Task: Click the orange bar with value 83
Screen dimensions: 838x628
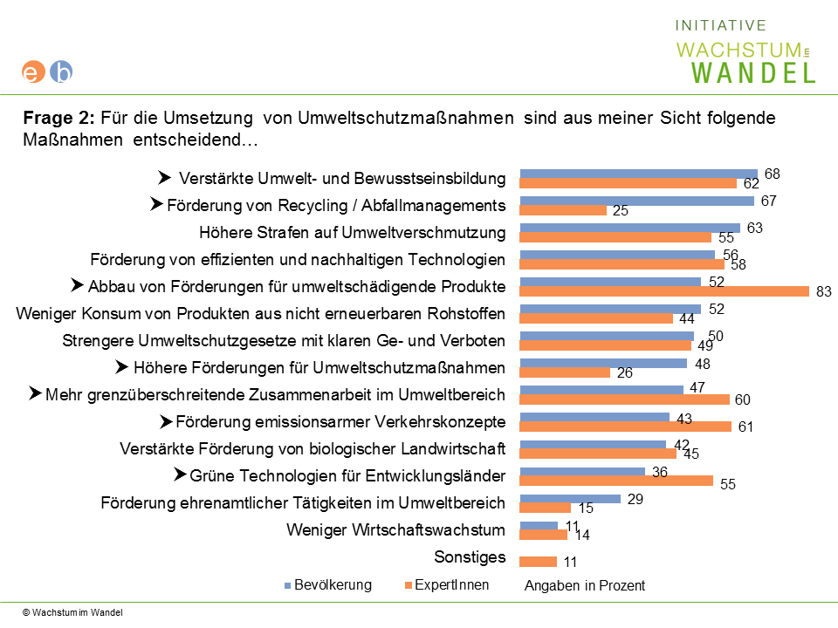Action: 664,291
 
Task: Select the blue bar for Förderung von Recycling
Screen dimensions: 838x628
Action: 637,201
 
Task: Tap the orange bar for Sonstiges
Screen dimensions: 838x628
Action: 539,562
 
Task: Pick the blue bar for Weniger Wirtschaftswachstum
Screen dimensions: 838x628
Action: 539,525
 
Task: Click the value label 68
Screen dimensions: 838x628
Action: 773,174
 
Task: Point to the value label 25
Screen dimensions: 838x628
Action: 621,210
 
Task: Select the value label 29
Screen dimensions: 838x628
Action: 635,499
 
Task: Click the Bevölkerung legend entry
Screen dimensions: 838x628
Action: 328,584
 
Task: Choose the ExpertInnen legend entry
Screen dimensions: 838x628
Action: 447,584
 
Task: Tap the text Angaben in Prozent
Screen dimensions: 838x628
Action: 585,586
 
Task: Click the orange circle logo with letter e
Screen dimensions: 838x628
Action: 32,72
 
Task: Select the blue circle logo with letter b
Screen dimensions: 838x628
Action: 61,72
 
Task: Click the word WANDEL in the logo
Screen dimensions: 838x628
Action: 753,72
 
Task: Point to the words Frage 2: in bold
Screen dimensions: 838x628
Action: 58,118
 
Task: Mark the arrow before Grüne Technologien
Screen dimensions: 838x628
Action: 180,474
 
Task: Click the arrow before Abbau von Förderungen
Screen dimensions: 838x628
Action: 77,285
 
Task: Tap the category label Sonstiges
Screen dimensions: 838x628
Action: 470,557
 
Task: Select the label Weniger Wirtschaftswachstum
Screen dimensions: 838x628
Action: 395,529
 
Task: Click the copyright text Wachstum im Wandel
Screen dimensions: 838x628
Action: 72,612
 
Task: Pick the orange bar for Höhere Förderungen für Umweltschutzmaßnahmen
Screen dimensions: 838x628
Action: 565,372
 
